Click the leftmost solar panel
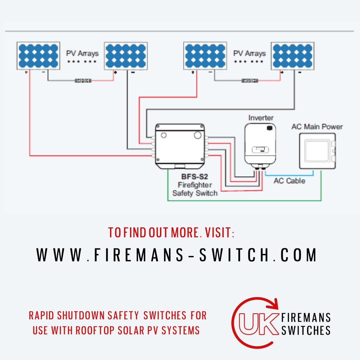pyautogui.click(x=38, y=56)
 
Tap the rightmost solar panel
pyautogui.click(x=292, y=56)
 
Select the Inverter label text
pyautogui.click(x=261, y=118)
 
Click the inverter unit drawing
pyautogui.click(x=260, y=144)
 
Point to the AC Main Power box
pyautogui.click(x=317, y=151)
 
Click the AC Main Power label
pyautogui.click(x=317, y=127)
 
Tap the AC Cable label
pyautogui.click(x=289, y=181)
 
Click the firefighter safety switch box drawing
pyautogui.click(x=180, y=146)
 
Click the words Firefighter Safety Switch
pyautogui.click(x=195, y=189)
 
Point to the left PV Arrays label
pyautogui.click(x=82, y=53)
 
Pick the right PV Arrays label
pyautogui.click(x=249, y=53)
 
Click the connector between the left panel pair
pyautogui.click(x=83, y=80)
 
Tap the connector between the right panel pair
pyautogui.click(x=250, y=80)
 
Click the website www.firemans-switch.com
pyautogui.click(x=177, y=255)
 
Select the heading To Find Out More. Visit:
pyautogui.click(x=171, y=233)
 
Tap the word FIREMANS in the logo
pyautogui.click(x=306, y=317)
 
